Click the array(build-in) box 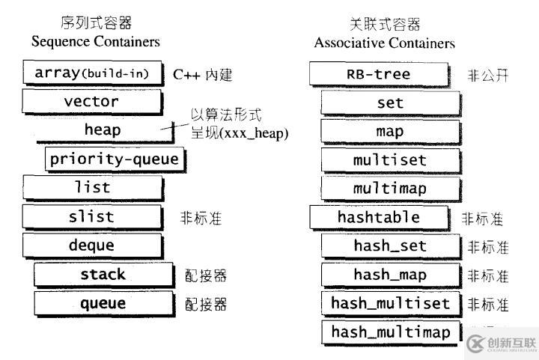coord(91,73)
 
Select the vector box coord(91,101)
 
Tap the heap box coord(103,129)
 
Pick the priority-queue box coord(114,159)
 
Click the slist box coord(91,217)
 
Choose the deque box coord(91,245)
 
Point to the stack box coord(103,274)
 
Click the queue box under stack coord(103,303)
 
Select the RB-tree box coord(378,74)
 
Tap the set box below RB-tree coord(389,103)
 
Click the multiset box coord(389,160)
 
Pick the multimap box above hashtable coord(389,188)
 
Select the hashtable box coord(378,217)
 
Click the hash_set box coord(389,245)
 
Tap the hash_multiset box coord(391,303)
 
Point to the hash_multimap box coord(391,332)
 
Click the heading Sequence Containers coord(96,42)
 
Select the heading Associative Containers coord(384,43)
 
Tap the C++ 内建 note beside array coord(203,74)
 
